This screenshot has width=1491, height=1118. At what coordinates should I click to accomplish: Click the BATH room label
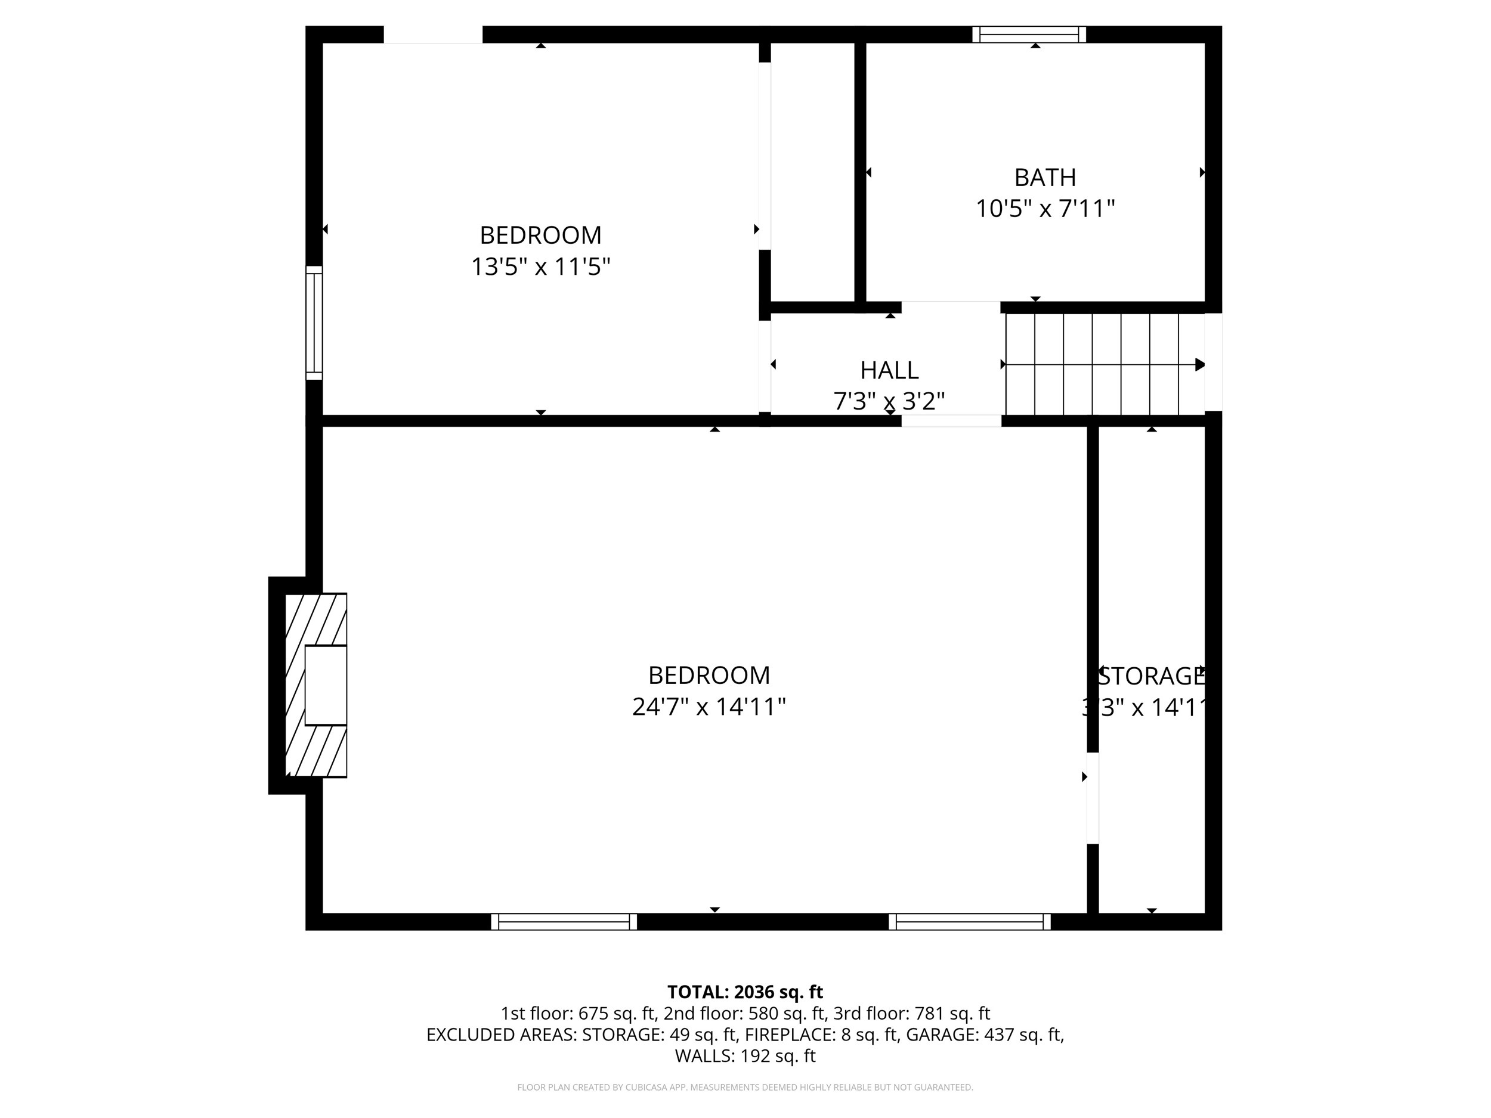[1045, 177]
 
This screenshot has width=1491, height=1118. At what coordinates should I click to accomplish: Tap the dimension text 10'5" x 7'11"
[1045, 209]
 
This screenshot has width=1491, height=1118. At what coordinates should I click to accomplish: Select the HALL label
[889, 370]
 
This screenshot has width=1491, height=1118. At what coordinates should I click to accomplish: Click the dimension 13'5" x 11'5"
[540, 267]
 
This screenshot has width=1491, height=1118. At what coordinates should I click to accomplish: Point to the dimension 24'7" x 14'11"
[709, 707]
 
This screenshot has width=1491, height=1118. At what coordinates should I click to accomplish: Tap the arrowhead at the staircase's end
[1200, 364]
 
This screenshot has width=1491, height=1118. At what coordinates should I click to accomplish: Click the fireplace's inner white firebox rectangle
[326, 685]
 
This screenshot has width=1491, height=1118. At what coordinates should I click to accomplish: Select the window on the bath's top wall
[1029, 35]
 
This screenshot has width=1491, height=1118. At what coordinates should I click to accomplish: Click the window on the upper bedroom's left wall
[314, 322]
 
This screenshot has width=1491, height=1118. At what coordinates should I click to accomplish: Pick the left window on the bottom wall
[564, 921]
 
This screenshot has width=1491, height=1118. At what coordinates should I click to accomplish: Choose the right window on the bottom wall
[969, 921]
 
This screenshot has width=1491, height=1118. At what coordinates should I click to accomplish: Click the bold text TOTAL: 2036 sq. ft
[745, 992]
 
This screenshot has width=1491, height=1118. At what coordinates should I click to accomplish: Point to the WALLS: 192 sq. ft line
[745, 1056]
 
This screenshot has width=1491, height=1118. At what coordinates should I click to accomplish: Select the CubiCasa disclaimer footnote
[745, 1087]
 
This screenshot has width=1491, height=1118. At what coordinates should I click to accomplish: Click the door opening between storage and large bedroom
[1093, 798]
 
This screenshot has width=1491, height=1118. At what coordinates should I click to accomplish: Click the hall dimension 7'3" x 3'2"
[889, 402]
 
